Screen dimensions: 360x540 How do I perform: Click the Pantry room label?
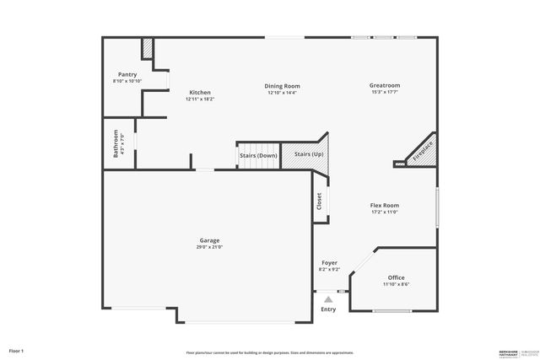pyautogui.click(x=127, y=74)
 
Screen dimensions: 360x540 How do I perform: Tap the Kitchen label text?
pyautogui.click(x=200, y=92)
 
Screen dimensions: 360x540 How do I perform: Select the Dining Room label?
pyautogui.click(x=282, y=86)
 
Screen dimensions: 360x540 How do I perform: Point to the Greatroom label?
pyautogui.click(x=384, y=85)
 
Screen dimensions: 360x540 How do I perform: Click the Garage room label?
pyautogui.click(x=209, y=240)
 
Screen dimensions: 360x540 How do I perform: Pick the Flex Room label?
pyautogui.click(x=384, y=205)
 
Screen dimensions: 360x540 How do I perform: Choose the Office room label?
pyautogui.click(x=396, y=277)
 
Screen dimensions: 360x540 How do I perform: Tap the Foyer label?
pyautogui.click(x=329, y=263)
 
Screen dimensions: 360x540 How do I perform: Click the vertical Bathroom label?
pyautogui.click(x=116, y=143)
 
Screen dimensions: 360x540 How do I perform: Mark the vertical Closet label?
pyautogui.click(x=320, y=201)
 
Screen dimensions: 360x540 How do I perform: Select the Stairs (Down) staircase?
pyautogui.click(x=258, y=156)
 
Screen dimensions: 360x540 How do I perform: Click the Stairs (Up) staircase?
pyautogui.click(x=308, y=155)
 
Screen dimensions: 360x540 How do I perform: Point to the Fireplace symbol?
pyautogui.click(x=422, y=149)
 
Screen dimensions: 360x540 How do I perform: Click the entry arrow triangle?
pyautogui.click(x=328, y=298)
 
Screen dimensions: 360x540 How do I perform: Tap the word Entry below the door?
pyautogui.click(x=328, y=309)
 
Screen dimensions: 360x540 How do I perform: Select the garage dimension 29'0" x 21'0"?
pyautogui.click(x=209, y=247)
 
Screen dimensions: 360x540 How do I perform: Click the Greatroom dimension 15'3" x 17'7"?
pyautogui.click(x=384, y=92)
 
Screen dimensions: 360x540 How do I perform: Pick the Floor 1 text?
pyautogui.click(x=17, y=350)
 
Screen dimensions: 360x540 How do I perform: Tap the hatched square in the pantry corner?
pyautogui.click(x=147, y=49)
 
